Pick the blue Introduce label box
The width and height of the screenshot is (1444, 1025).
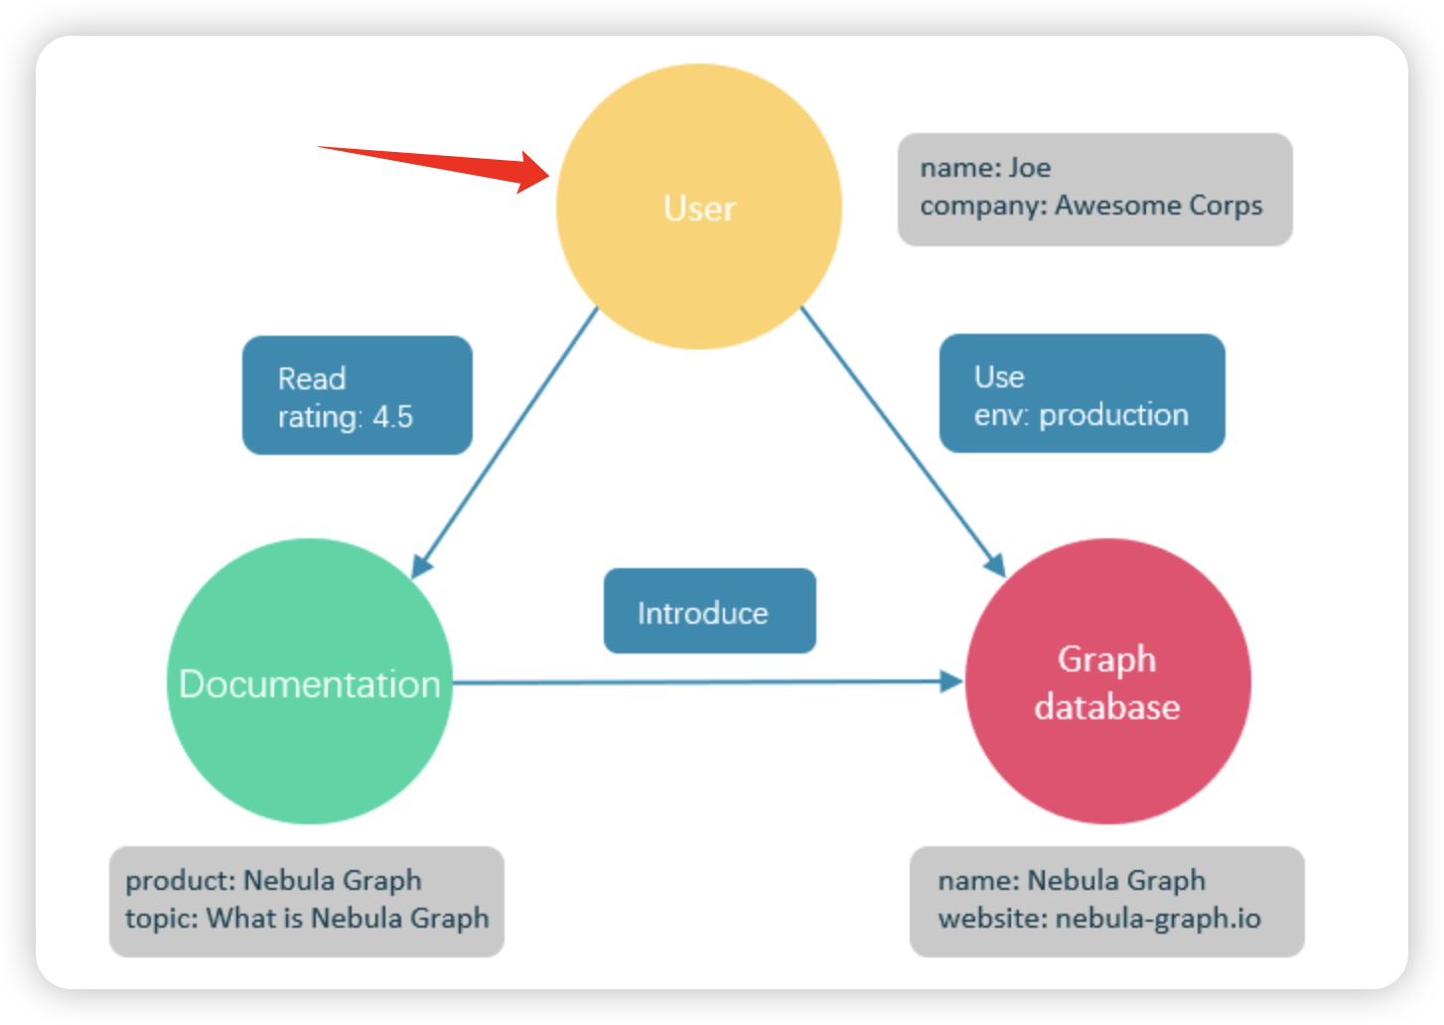coord(709,611)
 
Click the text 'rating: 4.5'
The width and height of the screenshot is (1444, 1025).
coord(345,417)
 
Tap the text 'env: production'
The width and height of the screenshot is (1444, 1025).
coord(1081,415)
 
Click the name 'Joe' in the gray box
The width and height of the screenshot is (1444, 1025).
coord(1030,168)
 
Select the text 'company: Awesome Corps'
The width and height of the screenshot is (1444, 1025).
coord(1090,206)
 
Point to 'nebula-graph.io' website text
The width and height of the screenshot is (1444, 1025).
coord(1157,919)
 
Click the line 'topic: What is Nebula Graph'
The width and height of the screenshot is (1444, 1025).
coord(307,919)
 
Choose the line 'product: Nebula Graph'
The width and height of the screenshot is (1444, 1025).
coord(273,881)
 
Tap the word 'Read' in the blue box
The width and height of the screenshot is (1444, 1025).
coord(312,378)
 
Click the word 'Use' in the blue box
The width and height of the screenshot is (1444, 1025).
coord(999,376)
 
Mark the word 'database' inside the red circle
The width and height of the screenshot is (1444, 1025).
coord(1107,707)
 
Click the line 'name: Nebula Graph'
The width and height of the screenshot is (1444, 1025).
coord(1071,881)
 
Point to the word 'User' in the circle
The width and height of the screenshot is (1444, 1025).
coord(699,209)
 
